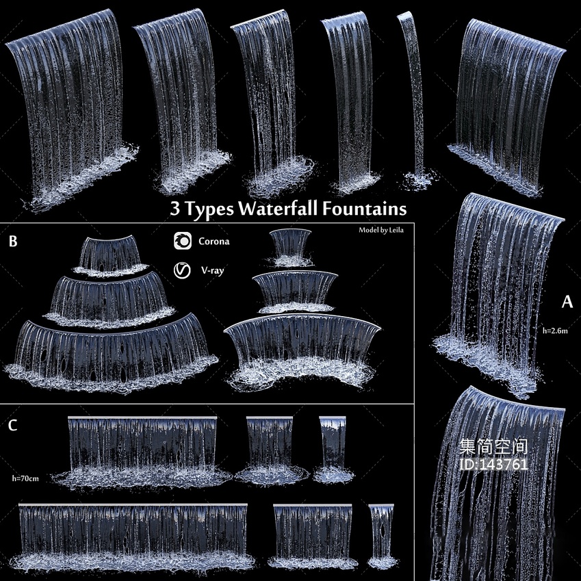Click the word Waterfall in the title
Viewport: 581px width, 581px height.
(x=278, y=208)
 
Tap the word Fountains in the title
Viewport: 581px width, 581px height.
(x=364, y=208)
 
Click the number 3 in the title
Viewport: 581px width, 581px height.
(x=175, y=209)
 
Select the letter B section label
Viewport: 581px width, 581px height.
(x=13, y=241)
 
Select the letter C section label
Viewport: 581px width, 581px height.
(x=12, y=425)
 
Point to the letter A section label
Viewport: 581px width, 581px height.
(x=567, y=302)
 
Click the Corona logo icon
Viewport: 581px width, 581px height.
(x=183, y=241)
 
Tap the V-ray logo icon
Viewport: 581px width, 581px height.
(x=182, y=270)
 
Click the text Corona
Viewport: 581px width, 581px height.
(x=214, y=241)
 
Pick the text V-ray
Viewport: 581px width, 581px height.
(x=212, y=270)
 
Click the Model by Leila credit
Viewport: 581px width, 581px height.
(x=381, y=230)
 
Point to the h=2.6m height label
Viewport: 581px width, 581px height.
(x=555, y=331)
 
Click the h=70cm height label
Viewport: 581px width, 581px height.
(x=25, y=478)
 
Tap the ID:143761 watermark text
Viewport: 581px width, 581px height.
(x=493, y=464)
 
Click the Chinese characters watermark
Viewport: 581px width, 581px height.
(x=493, y=447)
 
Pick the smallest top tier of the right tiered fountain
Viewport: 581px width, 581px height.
(x=290, y=244)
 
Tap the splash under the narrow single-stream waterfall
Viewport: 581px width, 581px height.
(x=419, y=181)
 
